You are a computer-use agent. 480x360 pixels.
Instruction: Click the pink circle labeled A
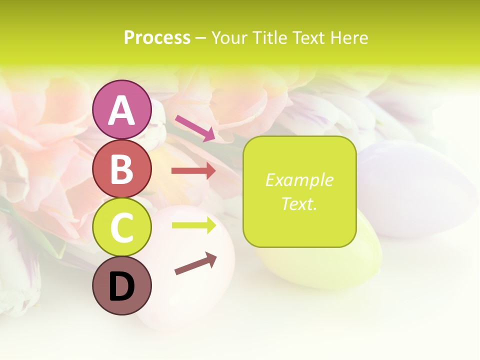click(x=121, y=109)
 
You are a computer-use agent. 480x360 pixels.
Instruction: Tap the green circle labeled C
click(x=121, y=227)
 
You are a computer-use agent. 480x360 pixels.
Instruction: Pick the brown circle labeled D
click(x=121, y=286)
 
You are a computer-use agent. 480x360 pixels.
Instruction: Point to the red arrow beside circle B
click(x=193, y=171)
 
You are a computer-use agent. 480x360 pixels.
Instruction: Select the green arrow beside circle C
click(x=193, y=225)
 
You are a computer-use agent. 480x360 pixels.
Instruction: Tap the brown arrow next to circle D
click(x=195, y=263)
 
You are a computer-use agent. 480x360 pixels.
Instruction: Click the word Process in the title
click(x=157, y=37)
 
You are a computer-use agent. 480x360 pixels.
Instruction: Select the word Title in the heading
click(x=269, y=37)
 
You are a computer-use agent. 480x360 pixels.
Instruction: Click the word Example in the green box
click(x=299, y=180)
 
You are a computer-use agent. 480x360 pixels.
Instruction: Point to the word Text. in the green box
click(x=299, y=203)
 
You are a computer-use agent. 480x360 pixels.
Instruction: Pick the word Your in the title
click(x=229, y=37)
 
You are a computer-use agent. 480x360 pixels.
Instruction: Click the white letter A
click(x=121, y=110)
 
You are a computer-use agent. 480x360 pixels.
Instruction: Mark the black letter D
click(x=121, y=287)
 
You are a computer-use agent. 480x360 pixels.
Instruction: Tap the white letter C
click(x=121, y=228)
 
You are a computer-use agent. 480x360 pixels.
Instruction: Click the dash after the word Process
click(x=200, y=38)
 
